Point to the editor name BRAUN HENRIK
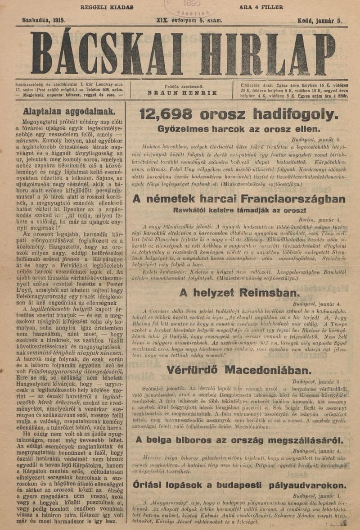(x=182, y=92)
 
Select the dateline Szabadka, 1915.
(x=44, y=20)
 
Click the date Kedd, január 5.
(x=320, y=20)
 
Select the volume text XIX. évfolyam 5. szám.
(x=189, y=20)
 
